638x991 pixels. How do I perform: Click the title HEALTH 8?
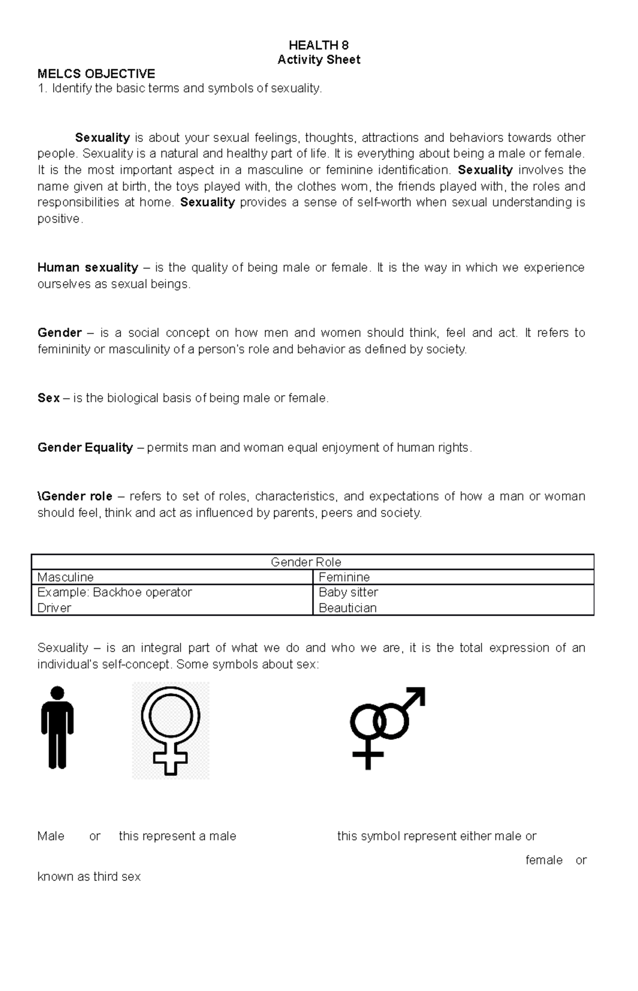coord(318,45)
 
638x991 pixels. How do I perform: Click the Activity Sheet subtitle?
coord(318,60)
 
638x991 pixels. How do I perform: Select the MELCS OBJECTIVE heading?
coord(96,74)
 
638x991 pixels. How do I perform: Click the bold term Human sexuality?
coord(88,267)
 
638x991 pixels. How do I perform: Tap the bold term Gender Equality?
coord(85,447)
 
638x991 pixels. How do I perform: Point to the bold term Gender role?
coord(76,496)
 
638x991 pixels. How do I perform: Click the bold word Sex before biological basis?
coord(48,398)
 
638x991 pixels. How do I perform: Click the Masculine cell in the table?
coord(65,577)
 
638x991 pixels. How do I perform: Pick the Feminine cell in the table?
coord(344,577)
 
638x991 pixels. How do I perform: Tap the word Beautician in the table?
coord(347,608)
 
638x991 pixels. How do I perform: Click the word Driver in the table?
coord(54,608)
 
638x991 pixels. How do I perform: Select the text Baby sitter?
coord(348,592)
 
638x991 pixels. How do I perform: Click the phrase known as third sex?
coord(89,876)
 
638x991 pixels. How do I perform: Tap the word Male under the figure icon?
coord(51,836)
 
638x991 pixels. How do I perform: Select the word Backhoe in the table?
coord(113,592)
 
